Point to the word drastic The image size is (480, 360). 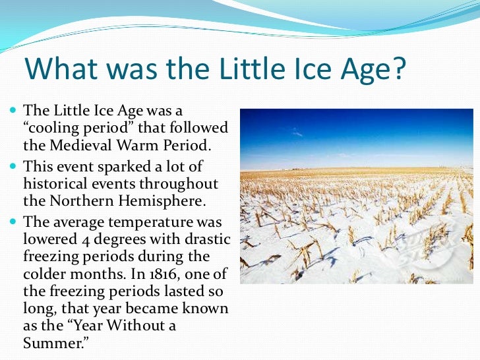pyautogui.click(x=204, y=239)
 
